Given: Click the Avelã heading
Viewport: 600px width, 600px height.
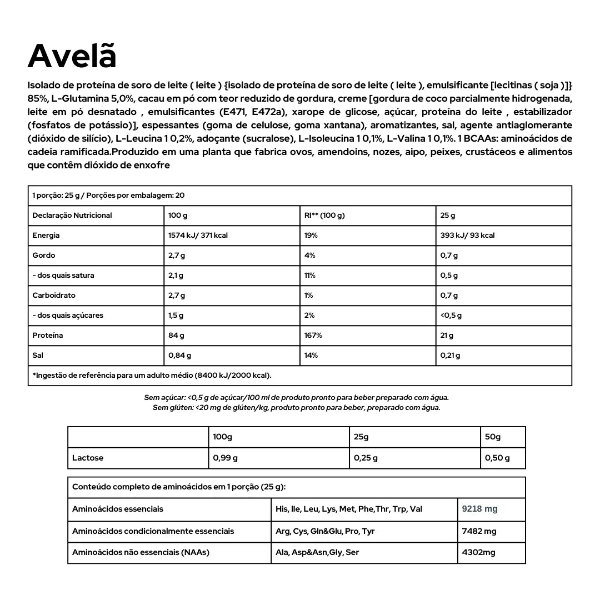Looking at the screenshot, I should [x=72, y=56].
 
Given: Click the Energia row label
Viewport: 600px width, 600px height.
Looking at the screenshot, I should [x=46, y=236].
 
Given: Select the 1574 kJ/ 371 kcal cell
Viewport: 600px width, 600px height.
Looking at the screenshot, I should [x=198, y=236].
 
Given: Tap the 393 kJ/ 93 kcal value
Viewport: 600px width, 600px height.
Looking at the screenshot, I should [x=467, y=236].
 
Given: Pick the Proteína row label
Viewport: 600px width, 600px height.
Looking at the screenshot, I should [x=48, y=336].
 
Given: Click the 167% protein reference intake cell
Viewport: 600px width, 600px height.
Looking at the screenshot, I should [x=313, y=336].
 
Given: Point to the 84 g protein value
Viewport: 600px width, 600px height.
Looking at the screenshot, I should [x=176, y=336].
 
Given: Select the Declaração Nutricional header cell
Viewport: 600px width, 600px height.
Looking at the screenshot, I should [x=72, y=216].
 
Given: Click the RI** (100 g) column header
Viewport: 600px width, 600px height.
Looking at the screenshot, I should [x=324, y=216].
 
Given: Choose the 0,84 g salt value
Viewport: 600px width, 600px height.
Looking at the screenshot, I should [x=179, y=356].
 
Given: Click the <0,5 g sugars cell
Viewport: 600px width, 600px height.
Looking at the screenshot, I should [x=451, y=316].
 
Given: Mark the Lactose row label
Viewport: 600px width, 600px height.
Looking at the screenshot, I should [x=88, y=458].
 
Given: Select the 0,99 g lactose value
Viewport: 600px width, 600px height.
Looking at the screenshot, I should [x=225, y=458].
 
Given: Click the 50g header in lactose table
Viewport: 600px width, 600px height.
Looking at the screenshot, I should [x=493, y=437].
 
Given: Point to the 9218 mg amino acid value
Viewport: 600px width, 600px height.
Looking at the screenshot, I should [x=480, y=509].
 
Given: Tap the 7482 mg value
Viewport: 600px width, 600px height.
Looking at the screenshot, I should [x=479, y=531].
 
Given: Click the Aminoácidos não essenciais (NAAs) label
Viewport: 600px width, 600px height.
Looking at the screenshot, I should [x=141, y=553].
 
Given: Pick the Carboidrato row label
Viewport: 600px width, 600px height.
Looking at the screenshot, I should [x=54, y=296].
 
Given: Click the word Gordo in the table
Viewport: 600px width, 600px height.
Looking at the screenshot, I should [x=44, y=256].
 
